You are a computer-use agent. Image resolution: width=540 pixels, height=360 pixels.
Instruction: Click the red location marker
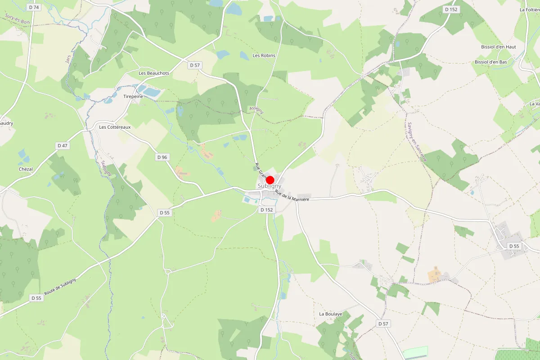coord(270,180)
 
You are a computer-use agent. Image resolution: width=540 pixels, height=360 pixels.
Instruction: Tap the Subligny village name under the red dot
coord(269,186)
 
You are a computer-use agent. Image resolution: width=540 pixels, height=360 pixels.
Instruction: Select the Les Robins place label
coord(264,55)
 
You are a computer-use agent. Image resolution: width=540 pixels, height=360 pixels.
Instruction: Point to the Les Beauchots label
coord(154,73)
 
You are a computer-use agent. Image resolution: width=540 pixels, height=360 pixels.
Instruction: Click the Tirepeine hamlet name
coord(133,96)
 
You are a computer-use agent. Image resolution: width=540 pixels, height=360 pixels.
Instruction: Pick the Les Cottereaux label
coord(115,127)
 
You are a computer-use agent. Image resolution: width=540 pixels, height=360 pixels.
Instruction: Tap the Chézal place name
coord(26,169)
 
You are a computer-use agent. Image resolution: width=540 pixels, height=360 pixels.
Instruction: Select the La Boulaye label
coord(331,314)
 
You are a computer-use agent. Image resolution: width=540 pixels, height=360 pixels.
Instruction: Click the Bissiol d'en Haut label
coord(499,47)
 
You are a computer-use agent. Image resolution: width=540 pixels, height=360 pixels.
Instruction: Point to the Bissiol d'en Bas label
coord(491,62)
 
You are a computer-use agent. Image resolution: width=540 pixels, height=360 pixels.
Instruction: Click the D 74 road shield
coord(34,7)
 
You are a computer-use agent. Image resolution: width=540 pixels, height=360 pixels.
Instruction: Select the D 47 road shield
coord(63,145)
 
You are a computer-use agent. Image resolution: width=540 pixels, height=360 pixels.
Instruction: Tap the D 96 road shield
coord(162,157)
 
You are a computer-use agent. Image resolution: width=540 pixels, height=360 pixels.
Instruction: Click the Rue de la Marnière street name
coord(292,196)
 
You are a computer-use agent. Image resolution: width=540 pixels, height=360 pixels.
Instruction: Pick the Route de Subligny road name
coord(60,287)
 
